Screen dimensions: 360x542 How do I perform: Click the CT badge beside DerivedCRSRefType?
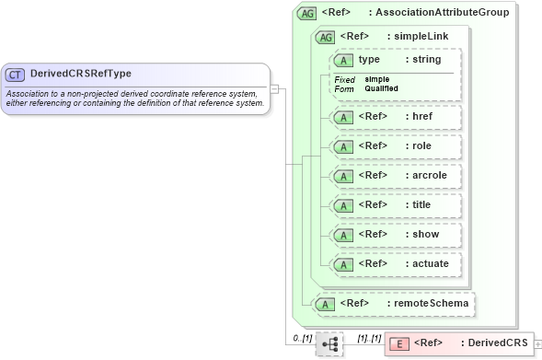(x=16, y=74)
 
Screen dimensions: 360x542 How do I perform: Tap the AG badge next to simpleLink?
(x=326, y=37)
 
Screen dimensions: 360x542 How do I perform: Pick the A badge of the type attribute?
(x=343, y=60)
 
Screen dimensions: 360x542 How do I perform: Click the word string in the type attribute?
(x=426, y=60)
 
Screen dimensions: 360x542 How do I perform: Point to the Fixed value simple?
(x=375, y=79)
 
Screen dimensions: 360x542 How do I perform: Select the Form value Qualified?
(x=380, y=88)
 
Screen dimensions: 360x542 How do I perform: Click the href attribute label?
(x=422, y=117)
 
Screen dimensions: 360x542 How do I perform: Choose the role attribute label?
(x=421, y=146)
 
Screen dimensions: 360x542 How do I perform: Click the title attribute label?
(x=422, y=204)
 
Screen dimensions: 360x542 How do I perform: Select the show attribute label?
(x=424, y=234)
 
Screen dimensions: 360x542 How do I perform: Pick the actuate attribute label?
(x=429, y=263)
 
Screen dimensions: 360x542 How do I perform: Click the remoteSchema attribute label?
(x=432, y=302)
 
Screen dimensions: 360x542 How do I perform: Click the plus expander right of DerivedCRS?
(x=537, y=343)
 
